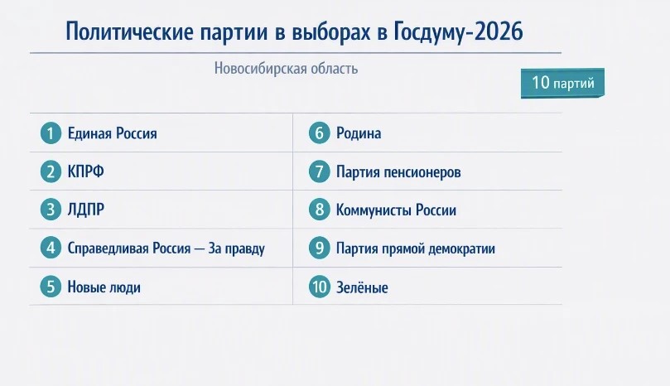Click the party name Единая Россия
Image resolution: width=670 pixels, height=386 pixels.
coord(113,133)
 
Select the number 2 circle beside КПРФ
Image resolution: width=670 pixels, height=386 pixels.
coord(51,171)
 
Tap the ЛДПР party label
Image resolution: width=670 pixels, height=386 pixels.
coord(86,210)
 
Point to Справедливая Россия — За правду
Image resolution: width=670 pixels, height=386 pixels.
coord(166,248)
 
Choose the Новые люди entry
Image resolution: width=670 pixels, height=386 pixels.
coord(104,287)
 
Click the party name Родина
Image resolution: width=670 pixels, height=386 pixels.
coord(359,133)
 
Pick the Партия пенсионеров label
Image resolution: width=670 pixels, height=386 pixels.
coord(398,171)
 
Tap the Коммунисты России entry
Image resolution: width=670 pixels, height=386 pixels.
coord(396,210)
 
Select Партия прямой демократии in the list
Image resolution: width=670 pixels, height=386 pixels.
coord(415,248)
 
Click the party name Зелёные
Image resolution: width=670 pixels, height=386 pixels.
coord(362,287)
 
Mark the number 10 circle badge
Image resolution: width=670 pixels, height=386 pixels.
coord(319,287)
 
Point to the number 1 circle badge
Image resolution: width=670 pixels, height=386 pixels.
coord(51,133)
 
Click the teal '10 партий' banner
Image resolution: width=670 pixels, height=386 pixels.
coord(562,83)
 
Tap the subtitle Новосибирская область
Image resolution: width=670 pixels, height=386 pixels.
coord(286,69)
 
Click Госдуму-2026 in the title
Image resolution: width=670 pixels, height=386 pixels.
coord(459,32)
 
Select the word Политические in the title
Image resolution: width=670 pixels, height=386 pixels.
coord(129,32)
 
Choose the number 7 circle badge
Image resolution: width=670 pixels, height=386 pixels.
coord(319,171)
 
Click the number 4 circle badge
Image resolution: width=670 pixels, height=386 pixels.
coord(51,248)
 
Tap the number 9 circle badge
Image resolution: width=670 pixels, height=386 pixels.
coord(319,248)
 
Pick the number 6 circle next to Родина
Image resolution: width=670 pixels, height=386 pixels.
coord(319,133)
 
